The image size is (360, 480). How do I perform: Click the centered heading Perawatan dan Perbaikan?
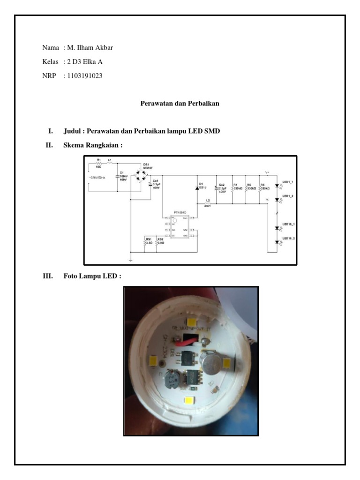[180, 104]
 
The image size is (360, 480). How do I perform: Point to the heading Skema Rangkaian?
[92, 146]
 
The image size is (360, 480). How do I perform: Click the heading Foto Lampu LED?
[92, 276]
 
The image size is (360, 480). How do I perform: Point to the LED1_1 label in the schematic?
[287, 181]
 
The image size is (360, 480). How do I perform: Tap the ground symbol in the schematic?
[130, 259]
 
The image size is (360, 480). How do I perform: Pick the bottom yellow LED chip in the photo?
[190, 401]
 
